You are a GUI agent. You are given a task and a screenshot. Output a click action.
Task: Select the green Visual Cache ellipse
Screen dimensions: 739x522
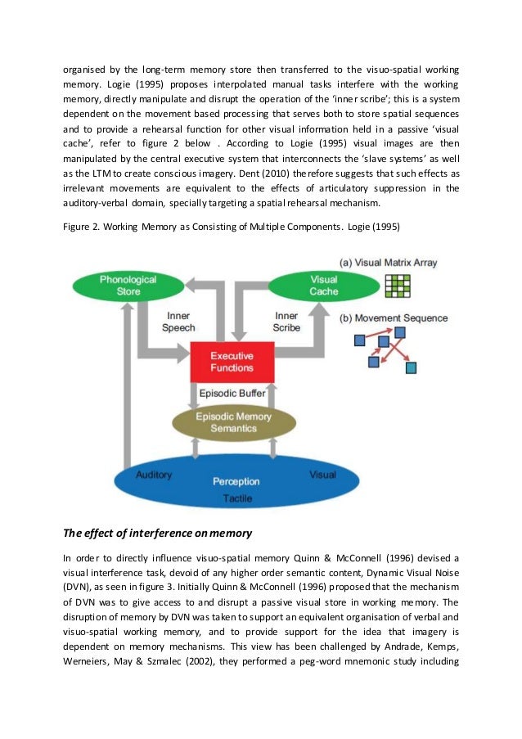313,285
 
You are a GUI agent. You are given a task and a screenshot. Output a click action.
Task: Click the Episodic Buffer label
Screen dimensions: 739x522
232,394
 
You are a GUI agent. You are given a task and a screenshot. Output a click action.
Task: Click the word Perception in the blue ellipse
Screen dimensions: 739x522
236,481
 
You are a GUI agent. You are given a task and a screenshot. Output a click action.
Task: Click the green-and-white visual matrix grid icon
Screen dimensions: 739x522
398,284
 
